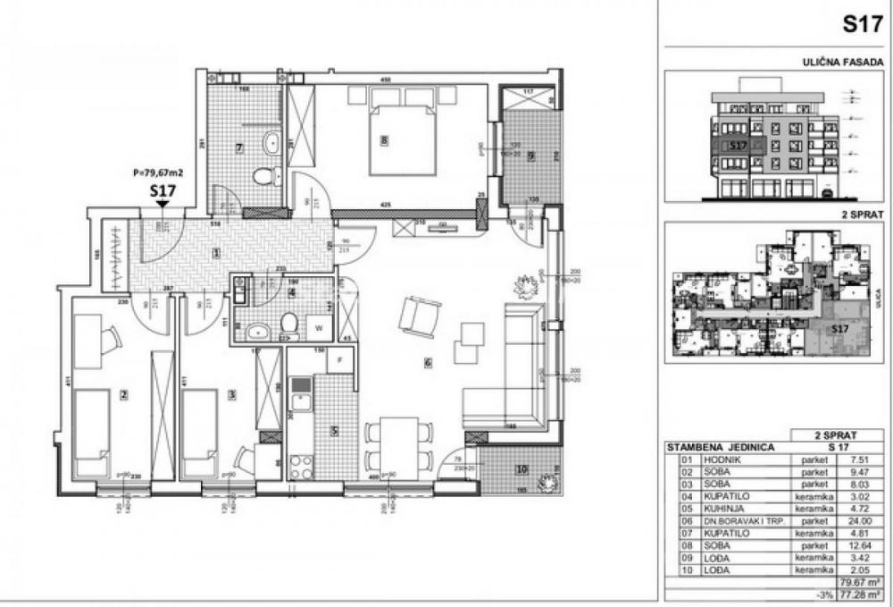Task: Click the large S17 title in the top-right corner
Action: pyautogui.click(x=863, y=25)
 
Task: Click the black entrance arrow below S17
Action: pyautogui.click(x=162, y=205)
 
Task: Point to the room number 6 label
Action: pyautogui.click(x=429, y=362)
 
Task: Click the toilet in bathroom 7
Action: pyautogui.click(x=265, y=176)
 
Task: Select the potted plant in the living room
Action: pyautogui.click(x=525, y=286)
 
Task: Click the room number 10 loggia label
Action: pyautogui.click(x=522, y=470)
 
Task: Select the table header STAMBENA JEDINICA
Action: pyautogui.click(x=721, y=445)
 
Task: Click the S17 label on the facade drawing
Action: pyautogui.click(x=738, y=144)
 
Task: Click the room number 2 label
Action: pyautogui.click(x=124, y=394)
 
